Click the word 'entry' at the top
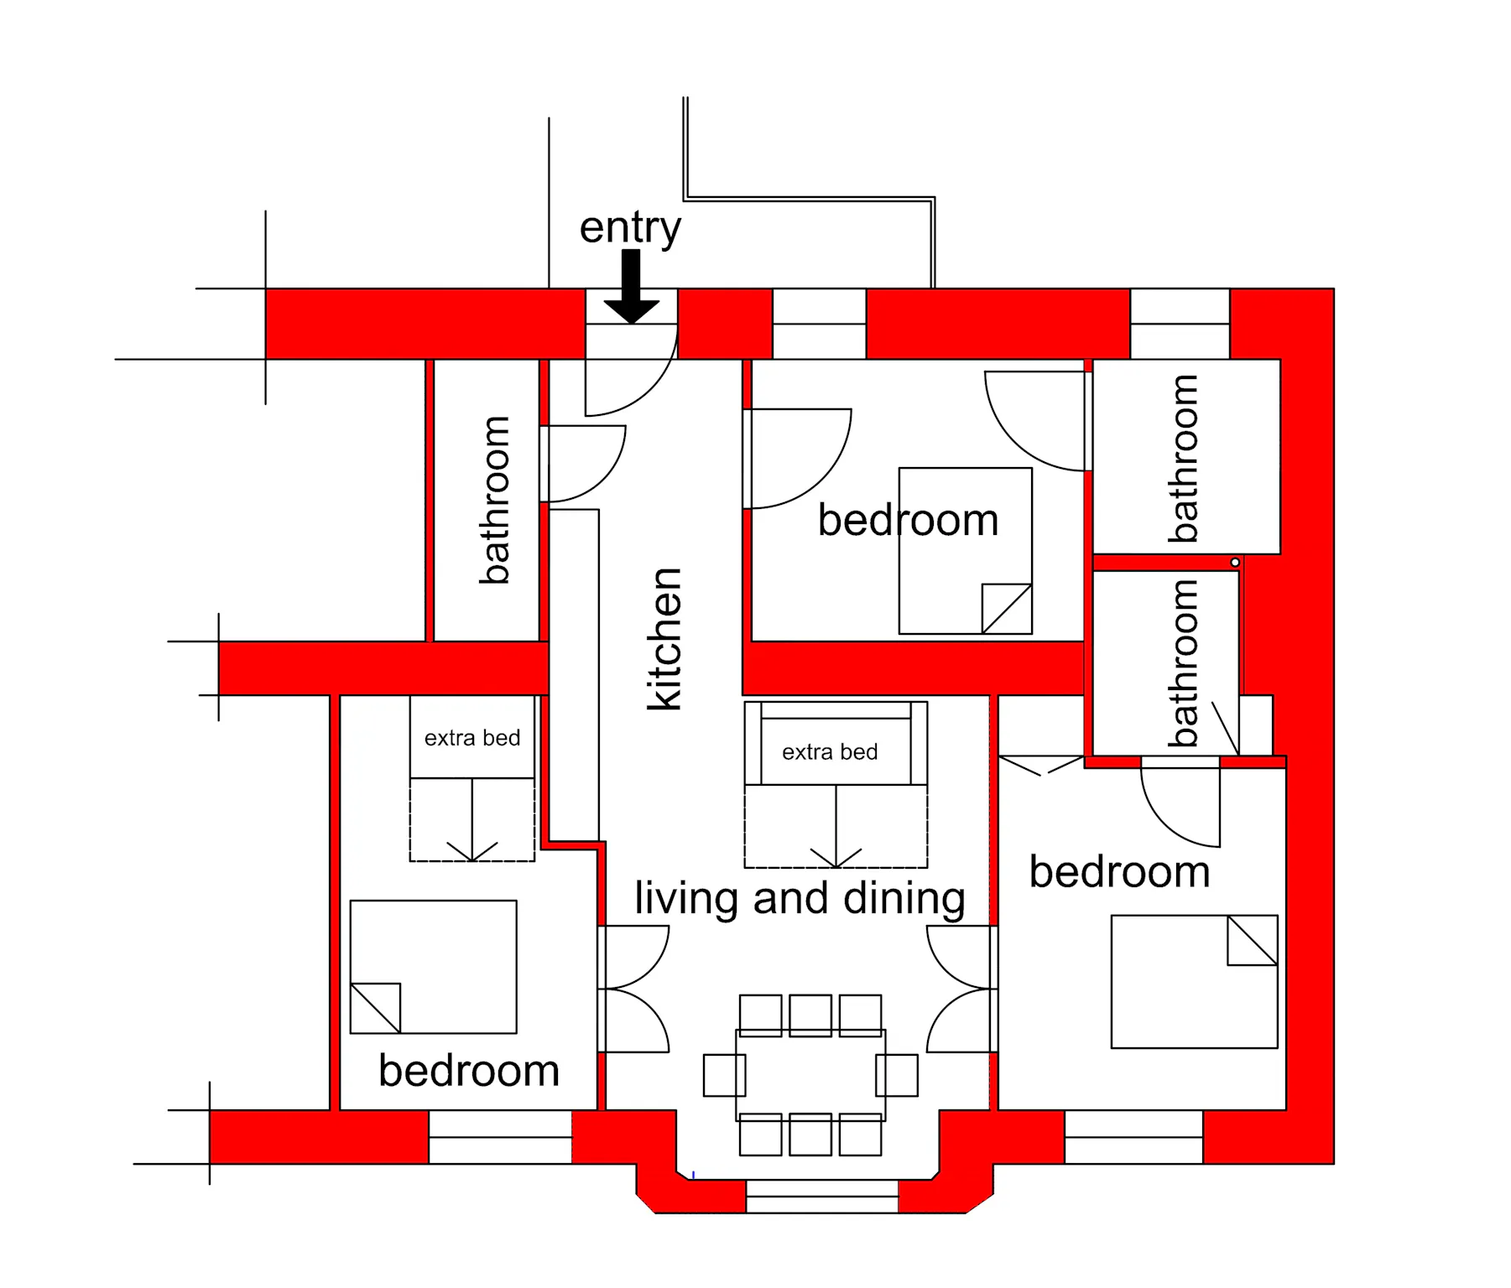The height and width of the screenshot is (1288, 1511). click(x=630, y=228)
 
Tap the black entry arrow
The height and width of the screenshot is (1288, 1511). click(x=632, y=287)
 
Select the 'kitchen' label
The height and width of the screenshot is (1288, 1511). click(x=665, y=639)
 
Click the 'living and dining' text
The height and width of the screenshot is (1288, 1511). click(x=800, y=899)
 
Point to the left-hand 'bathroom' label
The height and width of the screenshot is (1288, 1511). click(x=494, y=500)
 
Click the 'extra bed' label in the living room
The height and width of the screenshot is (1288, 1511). click(x=830, y=752)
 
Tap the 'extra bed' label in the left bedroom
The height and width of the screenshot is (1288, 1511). click(x=472, y=738)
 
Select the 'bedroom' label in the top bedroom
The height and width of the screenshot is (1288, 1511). click(x=909, y=520)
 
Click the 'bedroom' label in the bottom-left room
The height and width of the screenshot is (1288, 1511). click(x=469, y=1071)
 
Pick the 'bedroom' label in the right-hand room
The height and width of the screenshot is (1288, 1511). click(x=1120, y=872)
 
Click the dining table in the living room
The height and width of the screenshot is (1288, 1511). click(x=810, y=1075)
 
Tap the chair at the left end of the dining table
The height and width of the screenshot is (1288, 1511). click(x=724, y=1075)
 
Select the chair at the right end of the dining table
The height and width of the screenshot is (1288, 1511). click(x=897, y=1075)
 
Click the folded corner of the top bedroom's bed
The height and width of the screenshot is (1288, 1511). click(x=1007, y=609)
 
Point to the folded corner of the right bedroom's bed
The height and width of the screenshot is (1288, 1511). click(x=1253, y=940)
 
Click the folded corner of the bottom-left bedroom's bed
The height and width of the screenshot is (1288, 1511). click(x=375, y=1008)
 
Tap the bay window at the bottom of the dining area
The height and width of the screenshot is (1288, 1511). click(x=822, y=1197)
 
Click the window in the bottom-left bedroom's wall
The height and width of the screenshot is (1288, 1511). click(x=500, y=1137)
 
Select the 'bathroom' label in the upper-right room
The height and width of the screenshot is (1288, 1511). click(x=1184, y=458)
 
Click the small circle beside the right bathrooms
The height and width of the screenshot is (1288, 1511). click(x=1235, y=562)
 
